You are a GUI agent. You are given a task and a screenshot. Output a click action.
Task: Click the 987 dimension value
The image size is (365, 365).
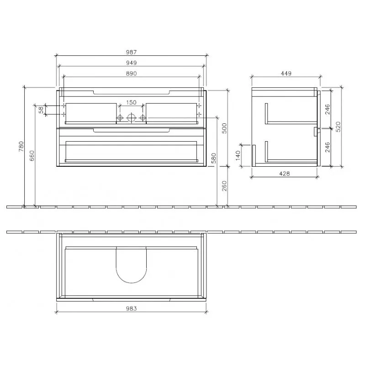(131, 52)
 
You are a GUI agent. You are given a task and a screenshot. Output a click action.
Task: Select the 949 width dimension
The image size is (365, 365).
(131, 63)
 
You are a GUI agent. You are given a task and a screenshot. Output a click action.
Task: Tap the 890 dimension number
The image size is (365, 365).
(131, 74)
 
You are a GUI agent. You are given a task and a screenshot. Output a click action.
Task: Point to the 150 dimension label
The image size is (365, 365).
(131, 102)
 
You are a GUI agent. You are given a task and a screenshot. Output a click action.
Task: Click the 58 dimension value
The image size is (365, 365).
(41, 110)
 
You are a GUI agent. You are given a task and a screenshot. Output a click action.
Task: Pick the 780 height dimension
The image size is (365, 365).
(21, 147)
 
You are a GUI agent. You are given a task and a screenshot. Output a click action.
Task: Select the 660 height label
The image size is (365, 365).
(32, 156)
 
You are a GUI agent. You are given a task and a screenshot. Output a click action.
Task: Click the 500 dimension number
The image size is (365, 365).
(224, 128)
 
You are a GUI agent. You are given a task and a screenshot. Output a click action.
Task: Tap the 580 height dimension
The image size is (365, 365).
(214, 159)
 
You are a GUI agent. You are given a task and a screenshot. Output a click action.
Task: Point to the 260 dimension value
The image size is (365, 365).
(224, 186)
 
